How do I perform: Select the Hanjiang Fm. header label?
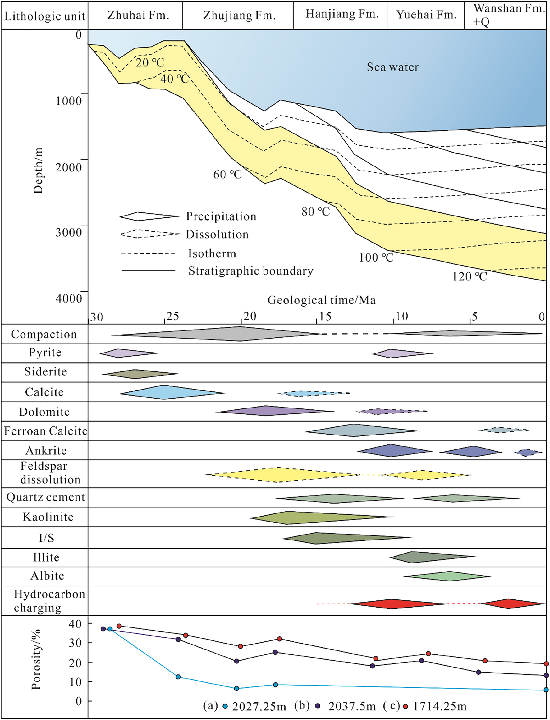pyautogui.click(x=342, y=14)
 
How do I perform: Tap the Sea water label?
pyautogui.click(x=392, y=67)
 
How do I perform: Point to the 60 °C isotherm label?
pyautogui.click(x=227, y=175)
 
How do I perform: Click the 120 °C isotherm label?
pyautogui.click(x=470, y=277)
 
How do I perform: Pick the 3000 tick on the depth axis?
pyautogui.click(x=68, y=232)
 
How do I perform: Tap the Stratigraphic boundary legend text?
pyautogui.click(x=251, y=271)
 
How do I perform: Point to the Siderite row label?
pyautogui.click(x=45, y=372)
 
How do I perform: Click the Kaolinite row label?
pyautogui.click(x=48, y=517)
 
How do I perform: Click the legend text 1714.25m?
pyautogui.click(x=439, y=707)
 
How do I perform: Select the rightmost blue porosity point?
pyautogui.click(x=546, y=690)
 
